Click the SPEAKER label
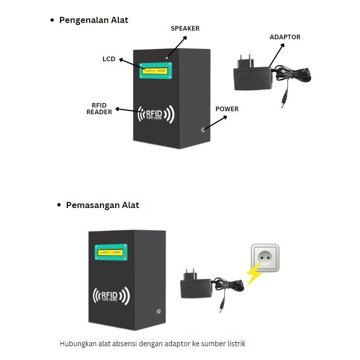[x=185, y=29]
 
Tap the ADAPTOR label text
[x=285, y=37]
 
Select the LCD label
[x=109, y=59]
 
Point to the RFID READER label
[x=99, y=108]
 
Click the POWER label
[x=227, y=109]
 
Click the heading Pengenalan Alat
[x=94, y=20]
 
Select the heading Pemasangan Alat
[x=102, y=205]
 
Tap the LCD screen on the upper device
[x=156, y=70]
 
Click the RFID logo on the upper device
[x=156, y=115]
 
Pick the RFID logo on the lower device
[x=111, y=296]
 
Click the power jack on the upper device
[x=203, y=130]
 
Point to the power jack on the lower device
[x=159, y=311]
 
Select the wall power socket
[x=265, y=259]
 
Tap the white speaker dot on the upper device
[x=166, y=58]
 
